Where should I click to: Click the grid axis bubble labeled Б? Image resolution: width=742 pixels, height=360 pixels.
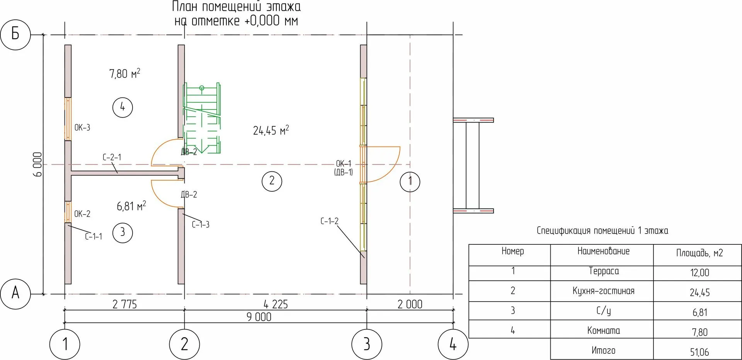(15, 34)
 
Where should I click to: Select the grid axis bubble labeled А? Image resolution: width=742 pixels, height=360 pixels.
(15, 293)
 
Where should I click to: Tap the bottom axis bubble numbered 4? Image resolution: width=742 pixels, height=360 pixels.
(453, 344)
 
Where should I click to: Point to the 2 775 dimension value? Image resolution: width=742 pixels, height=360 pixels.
(124, 304)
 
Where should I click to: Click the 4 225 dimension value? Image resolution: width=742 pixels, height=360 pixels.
(276, 304)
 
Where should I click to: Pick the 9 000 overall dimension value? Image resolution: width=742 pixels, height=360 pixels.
(259, 317)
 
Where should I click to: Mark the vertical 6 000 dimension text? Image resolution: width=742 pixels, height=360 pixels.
(37, 164)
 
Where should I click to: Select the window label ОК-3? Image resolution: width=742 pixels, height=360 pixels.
(82, 128)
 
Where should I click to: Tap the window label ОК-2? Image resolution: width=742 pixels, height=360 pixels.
(82, 214)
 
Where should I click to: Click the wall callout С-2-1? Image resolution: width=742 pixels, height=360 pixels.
(112, 157)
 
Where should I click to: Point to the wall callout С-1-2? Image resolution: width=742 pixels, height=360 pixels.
(329, 221)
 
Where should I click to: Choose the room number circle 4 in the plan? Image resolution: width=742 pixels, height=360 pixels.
(123, 107)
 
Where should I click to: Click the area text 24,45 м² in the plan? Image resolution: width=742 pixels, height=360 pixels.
(271, 131)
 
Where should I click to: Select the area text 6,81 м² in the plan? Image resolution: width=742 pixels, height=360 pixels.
(131, 206)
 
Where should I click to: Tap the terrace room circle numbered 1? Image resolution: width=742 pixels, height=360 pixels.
(410, 181)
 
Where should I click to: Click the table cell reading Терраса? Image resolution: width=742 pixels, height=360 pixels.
(604, 271)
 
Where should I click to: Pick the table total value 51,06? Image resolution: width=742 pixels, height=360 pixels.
(699, 352)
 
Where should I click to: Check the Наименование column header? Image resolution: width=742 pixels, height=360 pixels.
(603, 251)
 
